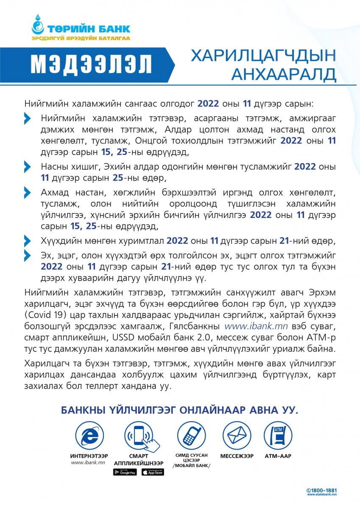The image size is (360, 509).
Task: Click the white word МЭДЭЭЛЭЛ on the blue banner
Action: click(x=91, y=64)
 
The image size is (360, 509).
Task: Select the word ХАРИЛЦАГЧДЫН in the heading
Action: click(x=263, y=56)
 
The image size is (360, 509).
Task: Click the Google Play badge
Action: click(x=125, y=472)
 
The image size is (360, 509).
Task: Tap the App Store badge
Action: click(x=153, y=472)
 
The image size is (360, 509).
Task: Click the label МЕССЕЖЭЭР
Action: click(x=237, y=456)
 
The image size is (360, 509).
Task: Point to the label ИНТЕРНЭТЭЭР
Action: click(x=89, y=456)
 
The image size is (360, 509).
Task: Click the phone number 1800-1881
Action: click(x=324, y=490)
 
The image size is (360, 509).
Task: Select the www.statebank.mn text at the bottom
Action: click(x=322, y=495)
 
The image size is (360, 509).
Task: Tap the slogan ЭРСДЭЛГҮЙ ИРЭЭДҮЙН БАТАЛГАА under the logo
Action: click(x=81, y=39)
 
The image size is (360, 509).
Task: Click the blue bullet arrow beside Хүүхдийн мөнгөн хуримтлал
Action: click(x=28, y=241)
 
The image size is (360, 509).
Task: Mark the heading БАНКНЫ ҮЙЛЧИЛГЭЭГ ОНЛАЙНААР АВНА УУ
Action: click(x=180, y=410)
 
